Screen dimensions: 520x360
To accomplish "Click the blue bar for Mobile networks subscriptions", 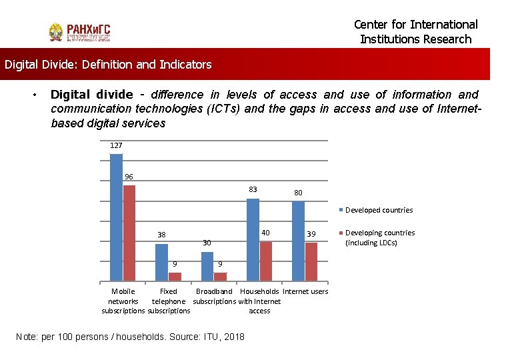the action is (x=117, y=217).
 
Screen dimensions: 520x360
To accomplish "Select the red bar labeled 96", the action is (x=129, y=233).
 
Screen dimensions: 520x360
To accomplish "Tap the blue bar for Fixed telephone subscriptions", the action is (x=162, y=263).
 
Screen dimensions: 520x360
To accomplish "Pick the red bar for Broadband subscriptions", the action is (x=220, y=277).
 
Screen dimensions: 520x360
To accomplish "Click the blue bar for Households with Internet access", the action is (x=253, y=240).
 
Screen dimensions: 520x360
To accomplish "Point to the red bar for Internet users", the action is (x=311, y=262).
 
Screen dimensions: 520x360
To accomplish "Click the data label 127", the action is (x=116, y=145).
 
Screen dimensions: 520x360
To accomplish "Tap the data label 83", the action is (x=253, y=189).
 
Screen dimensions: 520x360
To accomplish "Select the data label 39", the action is (x=311, y=234).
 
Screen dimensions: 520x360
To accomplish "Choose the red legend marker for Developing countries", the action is (x=341, y=233).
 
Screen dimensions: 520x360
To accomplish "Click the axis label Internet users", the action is (x=305, y=291).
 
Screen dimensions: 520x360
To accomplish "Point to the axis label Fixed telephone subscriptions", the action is (x=169, y=301).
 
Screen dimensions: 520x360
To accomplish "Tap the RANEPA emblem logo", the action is (x=56, y=32).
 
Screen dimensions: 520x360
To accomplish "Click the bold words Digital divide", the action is (x=92, y=95).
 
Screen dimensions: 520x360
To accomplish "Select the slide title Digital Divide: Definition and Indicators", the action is (x=108, y=64).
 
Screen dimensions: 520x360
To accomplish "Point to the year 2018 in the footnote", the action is (x=234, y=337).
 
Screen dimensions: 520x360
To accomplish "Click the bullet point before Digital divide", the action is (x=35, y=95).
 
